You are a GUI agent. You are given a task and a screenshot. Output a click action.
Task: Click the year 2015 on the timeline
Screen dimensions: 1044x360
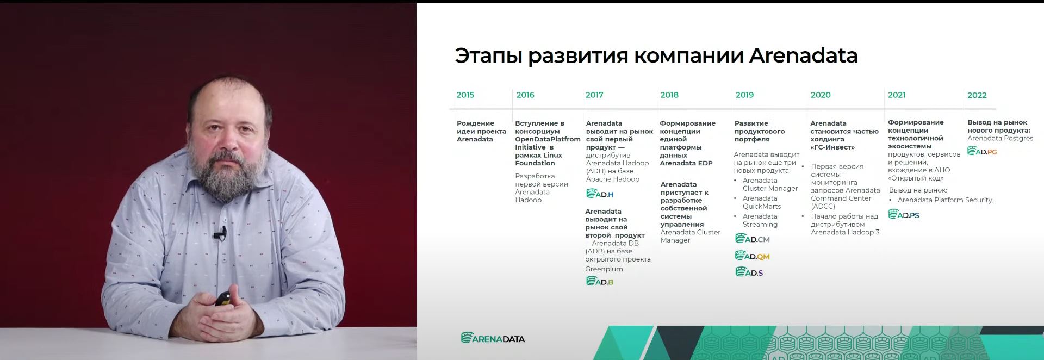tap(465, 95)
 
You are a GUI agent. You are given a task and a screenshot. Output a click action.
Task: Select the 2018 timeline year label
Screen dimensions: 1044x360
tap(669, 95)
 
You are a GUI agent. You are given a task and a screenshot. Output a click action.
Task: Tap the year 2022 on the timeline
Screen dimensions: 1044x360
tap(977, 95)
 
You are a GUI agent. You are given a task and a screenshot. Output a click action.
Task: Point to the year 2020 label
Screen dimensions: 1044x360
tap(821, 95)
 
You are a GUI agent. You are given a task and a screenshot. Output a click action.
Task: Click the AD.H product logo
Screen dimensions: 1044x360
tap(600, 194)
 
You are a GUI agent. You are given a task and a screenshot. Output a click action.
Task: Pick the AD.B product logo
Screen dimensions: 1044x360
tap(599, 281)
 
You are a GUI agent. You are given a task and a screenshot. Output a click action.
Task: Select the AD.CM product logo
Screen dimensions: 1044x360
tap(752, 239)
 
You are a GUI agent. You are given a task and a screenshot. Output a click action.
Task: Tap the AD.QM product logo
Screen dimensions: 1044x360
tap(752, 256)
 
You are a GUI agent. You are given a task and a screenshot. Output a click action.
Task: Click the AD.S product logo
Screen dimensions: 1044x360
tap(749, 272)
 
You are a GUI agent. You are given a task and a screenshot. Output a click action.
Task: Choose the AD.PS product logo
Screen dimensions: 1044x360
tap(904, 214)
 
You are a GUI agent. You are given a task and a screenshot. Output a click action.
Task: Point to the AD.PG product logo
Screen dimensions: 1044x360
tap(982, 151)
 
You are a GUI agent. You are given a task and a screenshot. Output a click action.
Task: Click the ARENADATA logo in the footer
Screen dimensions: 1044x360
tap(493, 338)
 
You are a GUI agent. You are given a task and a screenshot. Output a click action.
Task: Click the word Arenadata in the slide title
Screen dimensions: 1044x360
tap(803, 55)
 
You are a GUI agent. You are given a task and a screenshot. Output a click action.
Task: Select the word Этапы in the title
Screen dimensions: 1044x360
tap(488, 56)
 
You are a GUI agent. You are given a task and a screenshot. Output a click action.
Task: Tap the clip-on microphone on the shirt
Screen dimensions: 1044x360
tap(220, 234)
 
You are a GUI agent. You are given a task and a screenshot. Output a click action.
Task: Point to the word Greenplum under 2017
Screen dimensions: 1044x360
tap(604, 269)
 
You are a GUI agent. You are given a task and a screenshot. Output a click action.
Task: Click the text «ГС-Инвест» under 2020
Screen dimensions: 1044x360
tap(832, 147)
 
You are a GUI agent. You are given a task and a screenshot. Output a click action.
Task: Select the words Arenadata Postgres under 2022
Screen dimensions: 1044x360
tap(1000, 138)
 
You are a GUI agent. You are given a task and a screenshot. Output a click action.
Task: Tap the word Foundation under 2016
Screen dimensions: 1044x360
tap(535, 163)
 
